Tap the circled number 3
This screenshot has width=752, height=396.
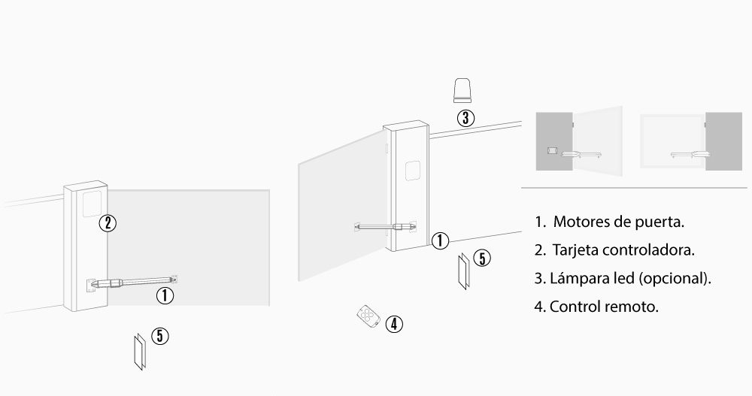465,118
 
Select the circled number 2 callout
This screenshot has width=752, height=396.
108,222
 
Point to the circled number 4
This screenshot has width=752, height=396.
394,324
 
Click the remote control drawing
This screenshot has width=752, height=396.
368,315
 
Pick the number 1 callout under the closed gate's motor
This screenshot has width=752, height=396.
165,295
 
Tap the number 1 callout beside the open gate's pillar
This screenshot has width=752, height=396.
441,240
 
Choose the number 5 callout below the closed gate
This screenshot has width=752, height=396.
159,336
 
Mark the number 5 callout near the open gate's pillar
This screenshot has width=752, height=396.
483,259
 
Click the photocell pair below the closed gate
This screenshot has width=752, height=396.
138,351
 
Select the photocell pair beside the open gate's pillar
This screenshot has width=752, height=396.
463,272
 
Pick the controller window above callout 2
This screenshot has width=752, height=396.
92,201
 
